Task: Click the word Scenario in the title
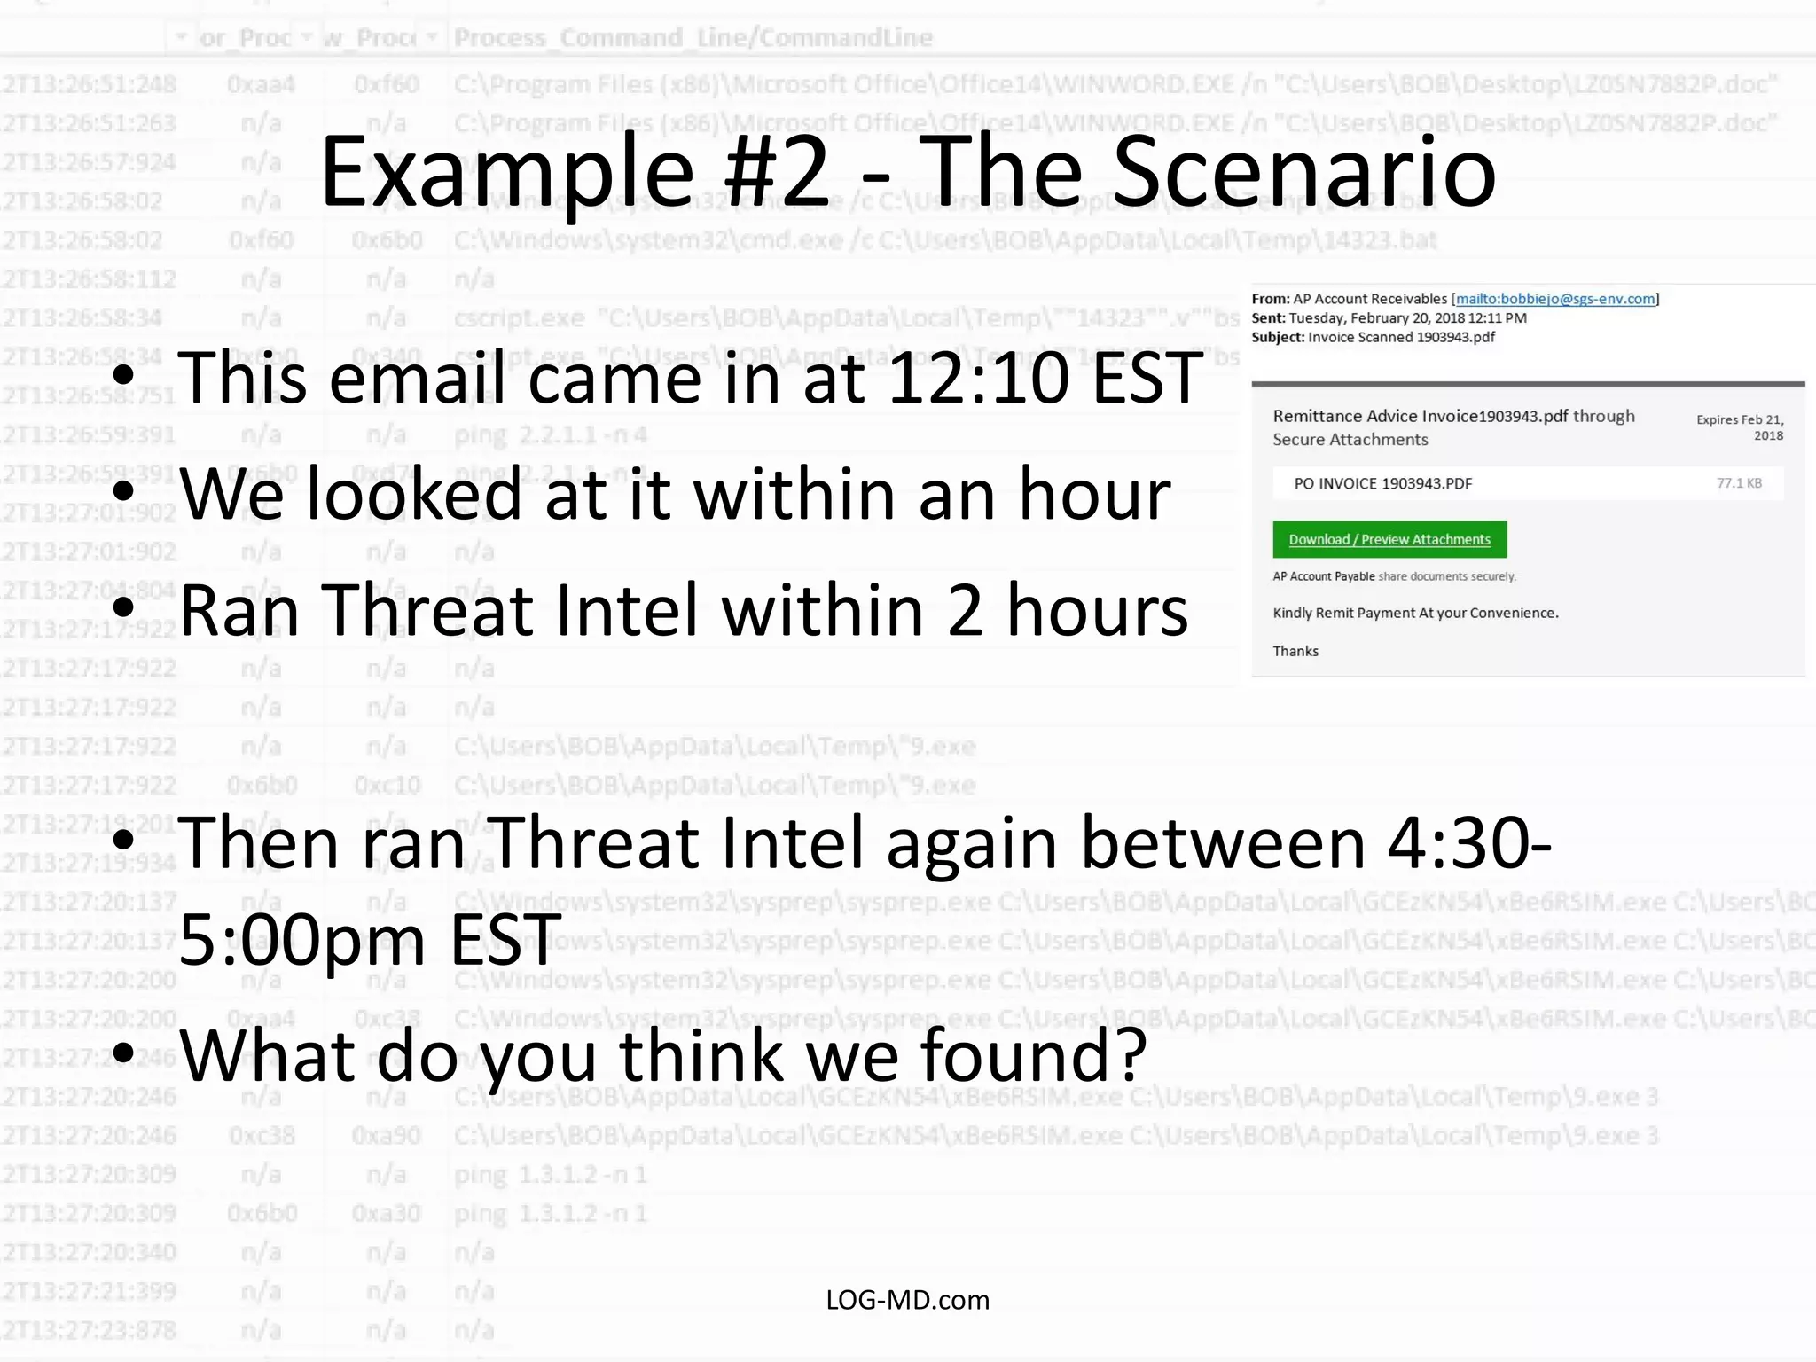(1303, 173)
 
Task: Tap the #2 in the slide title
(776, 173)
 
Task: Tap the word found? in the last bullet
(1034, 1055)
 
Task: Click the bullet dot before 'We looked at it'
(124, 490)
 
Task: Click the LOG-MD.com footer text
(907, 1300)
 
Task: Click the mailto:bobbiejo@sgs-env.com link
(1555, 299)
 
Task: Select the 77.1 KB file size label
(1739, 483)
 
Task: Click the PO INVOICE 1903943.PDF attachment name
(1382, 484)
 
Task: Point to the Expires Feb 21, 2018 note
(1740, 427)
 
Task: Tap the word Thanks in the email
(1295, 651)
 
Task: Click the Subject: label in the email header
(1278, 337)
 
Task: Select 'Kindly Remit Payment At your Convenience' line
(1415, 613)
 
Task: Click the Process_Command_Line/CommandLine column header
(693, 37)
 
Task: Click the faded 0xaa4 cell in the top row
(261, 84)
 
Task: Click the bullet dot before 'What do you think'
(124, 1052)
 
